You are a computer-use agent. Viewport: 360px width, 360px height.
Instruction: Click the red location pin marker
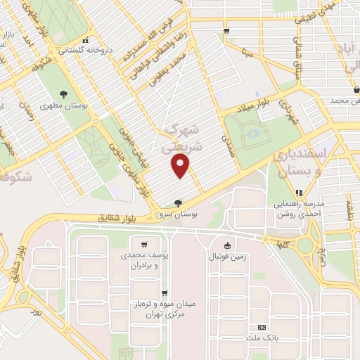click(181, 167)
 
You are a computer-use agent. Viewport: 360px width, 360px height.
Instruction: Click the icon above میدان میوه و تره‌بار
click(165, 294)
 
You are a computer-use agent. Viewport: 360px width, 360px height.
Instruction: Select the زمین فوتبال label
click(226, 256)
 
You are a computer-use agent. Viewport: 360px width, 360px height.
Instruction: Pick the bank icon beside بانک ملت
click(262, 327)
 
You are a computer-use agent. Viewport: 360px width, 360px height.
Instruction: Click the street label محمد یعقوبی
click(169, 68)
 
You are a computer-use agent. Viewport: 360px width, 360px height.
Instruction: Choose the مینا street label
click(246, 52)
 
